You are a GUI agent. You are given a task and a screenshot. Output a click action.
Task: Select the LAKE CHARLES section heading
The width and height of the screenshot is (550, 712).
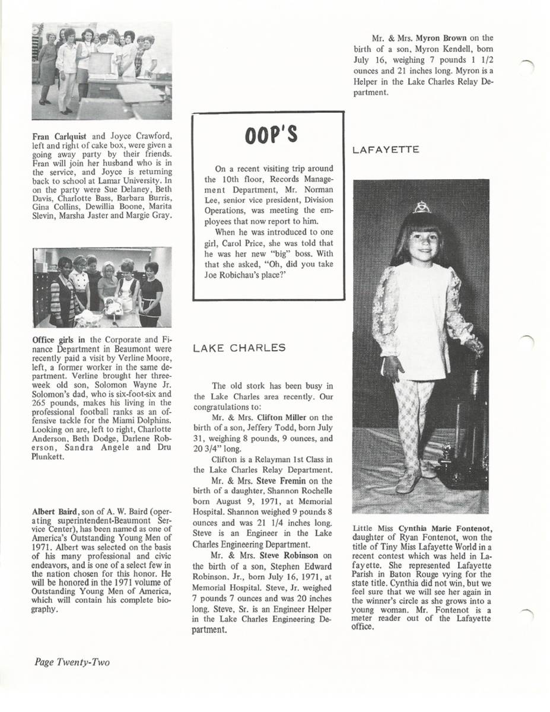(240, 348)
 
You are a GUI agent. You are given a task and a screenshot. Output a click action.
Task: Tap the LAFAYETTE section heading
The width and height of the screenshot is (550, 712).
(386, 150)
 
